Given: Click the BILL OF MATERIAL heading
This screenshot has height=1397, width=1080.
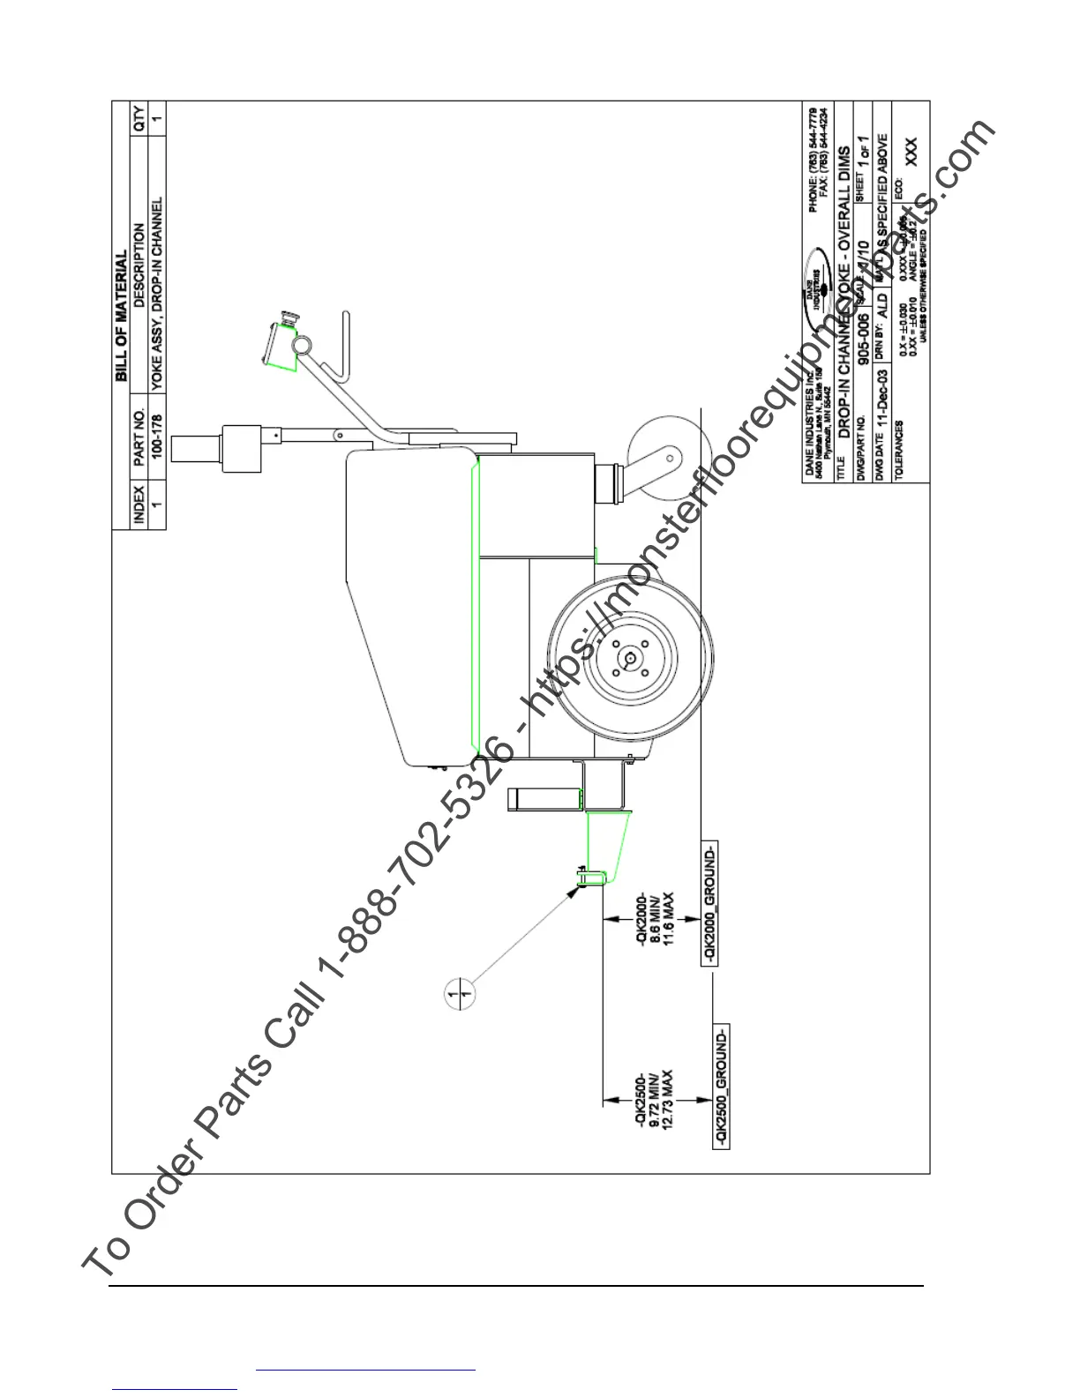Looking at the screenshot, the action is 122,318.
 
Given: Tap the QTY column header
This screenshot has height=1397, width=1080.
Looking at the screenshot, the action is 139,118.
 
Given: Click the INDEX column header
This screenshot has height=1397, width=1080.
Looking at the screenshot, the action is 139,504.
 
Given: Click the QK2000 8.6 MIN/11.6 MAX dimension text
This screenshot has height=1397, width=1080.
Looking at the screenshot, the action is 656,917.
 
